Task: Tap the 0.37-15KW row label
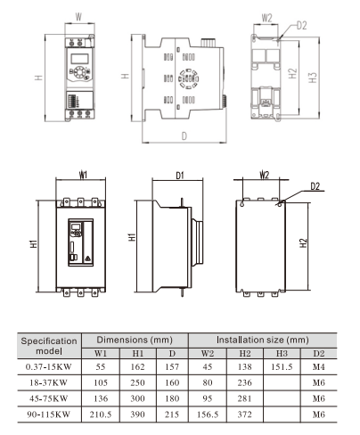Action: [x=49, y=366]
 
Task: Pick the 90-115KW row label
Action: [x=49, y=414]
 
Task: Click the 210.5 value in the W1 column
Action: [x=101, y=414]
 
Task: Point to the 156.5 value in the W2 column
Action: [x=208, y=414]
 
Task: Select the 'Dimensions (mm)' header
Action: [x=135, y=340]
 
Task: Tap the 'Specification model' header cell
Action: [x=49, y=346]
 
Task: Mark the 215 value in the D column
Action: [x=169, y=414]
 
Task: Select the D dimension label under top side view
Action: [x=184, y=135]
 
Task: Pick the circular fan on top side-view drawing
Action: [x=188, y=77]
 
